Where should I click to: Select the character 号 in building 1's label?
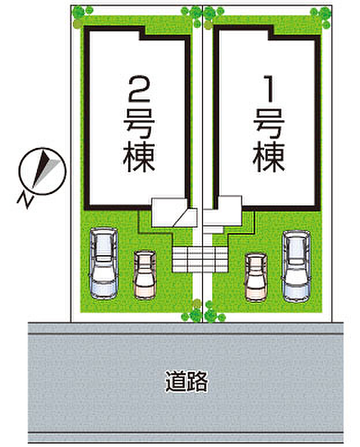[269, 122]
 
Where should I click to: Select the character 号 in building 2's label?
[139, 122]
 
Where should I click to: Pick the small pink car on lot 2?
[144, 274]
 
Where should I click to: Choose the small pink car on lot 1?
[256, 276]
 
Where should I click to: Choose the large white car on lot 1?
[296, 265]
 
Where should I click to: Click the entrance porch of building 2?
[170, 213]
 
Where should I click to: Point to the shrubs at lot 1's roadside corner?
[213, 314]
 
